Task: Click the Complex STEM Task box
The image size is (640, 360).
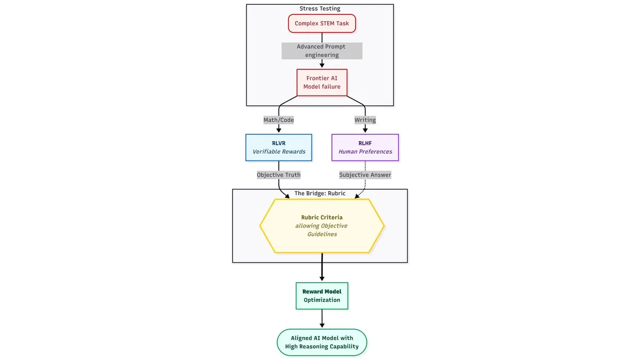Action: (x=322, y=23)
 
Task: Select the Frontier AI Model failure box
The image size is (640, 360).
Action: (x=322, y=82)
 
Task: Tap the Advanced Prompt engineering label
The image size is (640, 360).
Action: (x=322, y=51)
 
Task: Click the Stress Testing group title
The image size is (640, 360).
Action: (x=319, y=9)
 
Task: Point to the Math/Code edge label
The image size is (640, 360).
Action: (x=278, y=120)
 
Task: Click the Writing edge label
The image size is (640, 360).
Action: (x=365, y=120)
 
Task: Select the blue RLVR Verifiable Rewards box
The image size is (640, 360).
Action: (x=278, y=147)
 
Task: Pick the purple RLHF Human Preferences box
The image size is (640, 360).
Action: (x=365, y=147)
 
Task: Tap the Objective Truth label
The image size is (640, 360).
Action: (x=278, y=175)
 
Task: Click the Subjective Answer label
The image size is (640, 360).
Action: (x=365, y=175)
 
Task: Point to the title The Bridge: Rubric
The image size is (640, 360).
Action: (x=319, y=194)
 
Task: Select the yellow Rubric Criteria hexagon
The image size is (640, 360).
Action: (x=322, y=226)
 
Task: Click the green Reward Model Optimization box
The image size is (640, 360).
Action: (x=322, y=295)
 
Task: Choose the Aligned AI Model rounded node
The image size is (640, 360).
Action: (x=322, y=342)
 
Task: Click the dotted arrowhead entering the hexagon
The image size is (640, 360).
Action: (x=357, y=196)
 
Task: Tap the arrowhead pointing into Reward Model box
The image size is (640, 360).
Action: (x=322, y=278)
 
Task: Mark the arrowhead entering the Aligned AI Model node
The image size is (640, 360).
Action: (x=322, y=325)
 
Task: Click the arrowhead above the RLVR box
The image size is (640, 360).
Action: (x=278, y=130)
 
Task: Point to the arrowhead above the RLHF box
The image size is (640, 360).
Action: (x=365, y=130)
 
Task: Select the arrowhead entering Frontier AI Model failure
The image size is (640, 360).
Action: (x=322, y=65)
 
